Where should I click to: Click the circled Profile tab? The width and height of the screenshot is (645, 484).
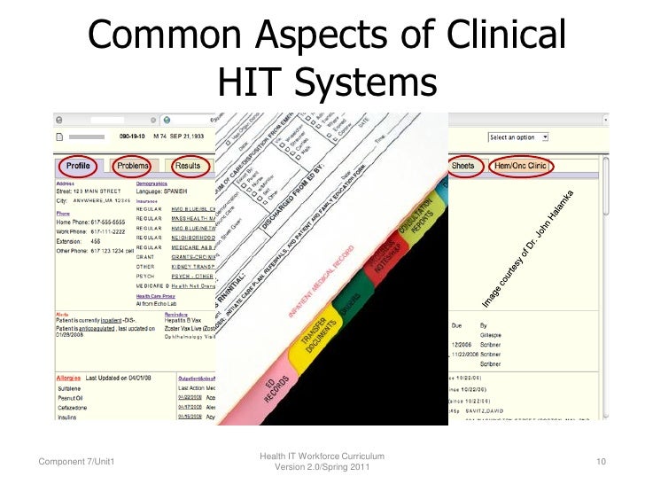coord(79,166)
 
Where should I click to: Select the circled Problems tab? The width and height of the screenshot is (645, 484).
coord(133,166)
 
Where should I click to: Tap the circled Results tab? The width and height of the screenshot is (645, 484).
coord(188,166)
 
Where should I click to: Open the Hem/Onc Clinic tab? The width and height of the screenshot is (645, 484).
coord(520,166)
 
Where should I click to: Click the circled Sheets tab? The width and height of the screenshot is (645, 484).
coord(462,166)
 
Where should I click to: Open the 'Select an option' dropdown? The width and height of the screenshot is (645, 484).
coord(518,137)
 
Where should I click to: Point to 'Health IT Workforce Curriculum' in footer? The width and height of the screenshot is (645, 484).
coord(322,456)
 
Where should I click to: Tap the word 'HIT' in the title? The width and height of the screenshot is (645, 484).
coord(251,82)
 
